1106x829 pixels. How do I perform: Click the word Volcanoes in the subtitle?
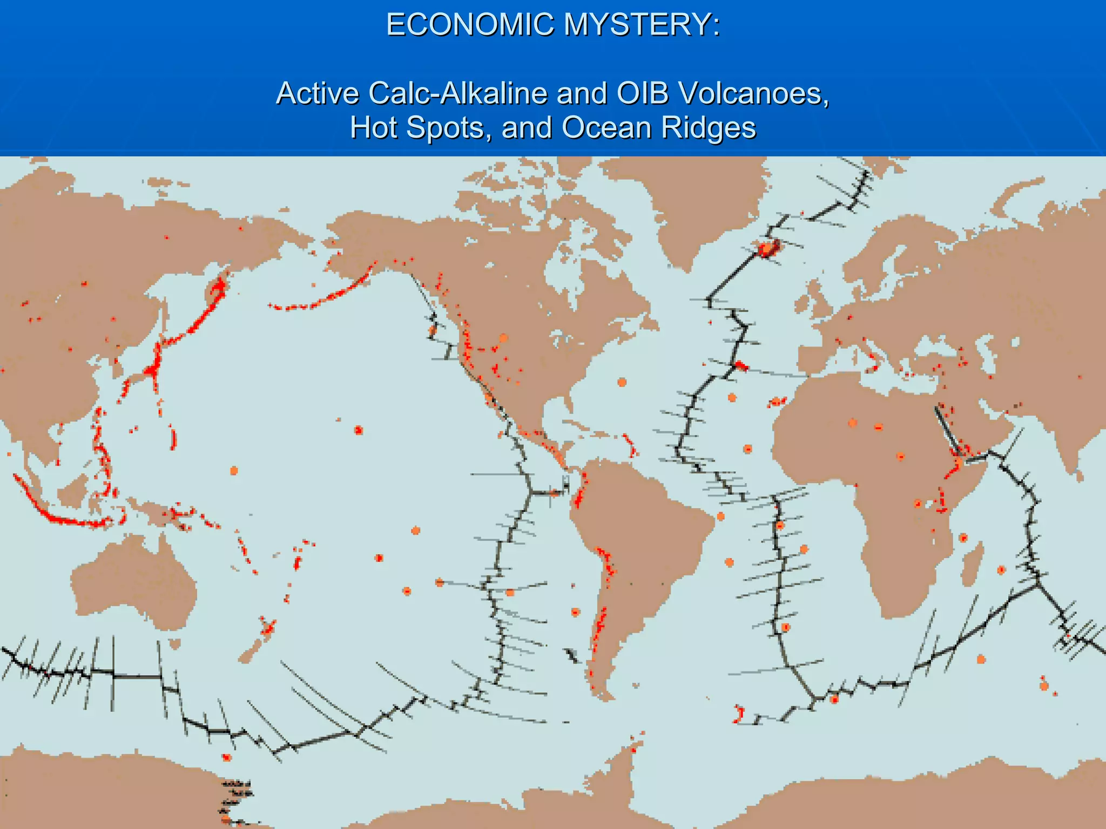754,93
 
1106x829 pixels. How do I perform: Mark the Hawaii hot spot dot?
359,430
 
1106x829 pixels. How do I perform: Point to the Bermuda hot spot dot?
622,382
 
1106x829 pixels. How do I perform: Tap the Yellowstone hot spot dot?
503,338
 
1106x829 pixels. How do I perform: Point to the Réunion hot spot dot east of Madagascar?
1001,570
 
